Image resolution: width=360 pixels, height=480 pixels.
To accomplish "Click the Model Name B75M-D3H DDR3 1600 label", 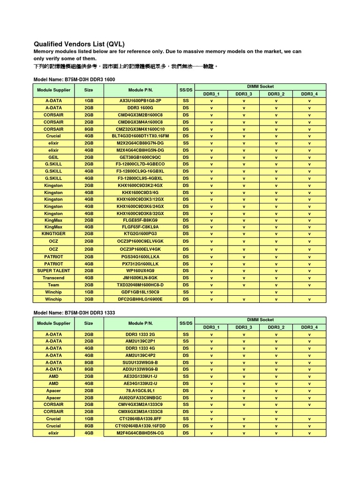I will point(74,80).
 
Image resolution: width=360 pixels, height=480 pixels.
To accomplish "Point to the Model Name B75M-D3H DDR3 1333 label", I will point(74,312).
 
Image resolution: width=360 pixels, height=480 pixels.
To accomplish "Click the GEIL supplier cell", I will point(53,157).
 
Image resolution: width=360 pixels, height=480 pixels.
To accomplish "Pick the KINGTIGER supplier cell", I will point(53,233).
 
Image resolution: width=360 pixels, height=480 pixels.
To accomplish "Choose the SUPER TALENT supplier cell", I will point(53,270).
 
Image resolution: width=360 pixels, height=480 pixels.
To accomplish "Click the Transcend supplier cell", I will point(53,277).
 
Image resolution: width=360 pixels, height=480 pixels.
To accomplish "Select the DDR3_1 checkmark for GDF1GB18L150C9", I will point(211,292).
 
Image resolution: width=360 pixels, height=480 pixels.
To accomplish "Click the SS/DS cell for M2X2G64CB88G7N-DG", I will point(186,143).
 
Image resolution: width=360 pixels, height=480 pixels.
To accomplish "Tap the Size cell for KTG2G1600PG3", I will point(89,233).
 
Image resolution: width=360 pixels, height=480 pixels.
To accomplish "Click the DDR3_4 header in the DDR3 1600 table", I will point(309,94).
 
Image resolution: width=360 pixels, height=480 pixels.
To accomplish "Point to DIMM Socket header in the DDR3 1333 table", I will point(260,320).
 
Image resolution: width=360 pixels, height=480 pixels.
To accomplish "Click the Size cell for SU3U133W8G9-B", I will point(89,362).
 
